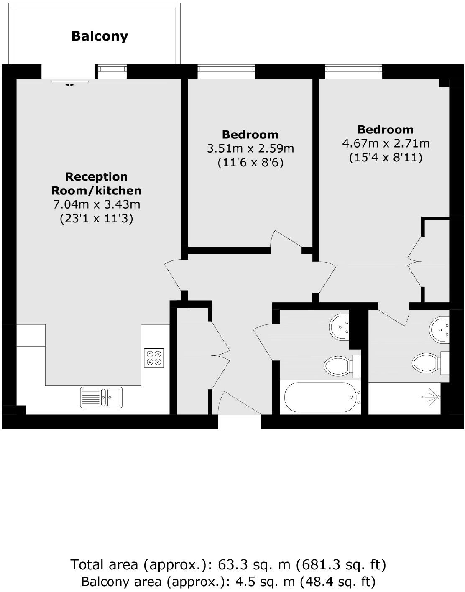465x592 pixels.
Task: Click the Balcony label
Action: [x=100, y=36]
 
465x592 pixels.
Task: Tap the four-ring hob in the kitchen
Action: [x=153, y=358]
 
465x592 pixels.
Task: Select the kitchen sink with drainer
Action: [x=101, y=397]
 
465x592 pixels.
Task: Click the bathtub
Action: [x=320, y=397]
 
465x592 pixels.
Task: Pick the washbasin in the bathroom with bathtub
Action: [x=340, y=327]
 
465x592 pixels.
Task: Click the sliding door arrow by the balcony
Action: [x=70, y=85]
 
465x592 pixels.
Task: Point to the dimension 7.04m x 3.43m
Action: [x=96, y=204]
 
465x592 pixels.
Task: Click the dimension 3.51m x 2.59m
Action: [x=250, y=148]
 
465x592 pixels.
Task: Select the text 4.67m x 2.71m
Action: [x=386, y=143]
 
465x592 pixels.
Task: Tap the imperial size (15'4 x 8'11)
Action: [x=386, y=157]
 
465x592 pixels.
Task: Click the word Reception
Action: [x=96, y=176]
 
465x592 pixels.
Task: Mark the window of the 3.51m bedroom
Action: [x=226, y=71]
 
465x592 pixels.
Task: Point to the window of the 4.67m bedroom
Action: [x=354, y=71]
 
